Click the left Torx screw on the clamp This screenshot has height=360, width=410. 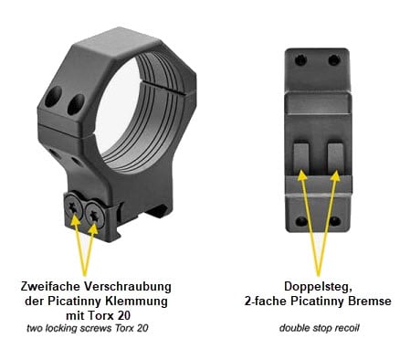click(73, 207)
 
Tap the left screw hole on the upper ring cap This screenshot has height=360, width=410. click(53, 97)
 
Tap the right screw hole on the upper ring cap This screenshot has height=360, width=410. click(76, 104)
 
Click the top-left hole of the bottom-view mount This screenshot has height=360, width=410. click(300, 59)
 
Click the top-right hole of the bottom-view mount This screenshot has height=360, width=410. click(334, 59)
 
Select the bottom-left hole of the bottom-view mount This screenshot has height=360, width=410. click(301, 221)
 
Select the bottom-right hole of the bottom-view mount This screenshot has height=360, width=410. click(335, 221)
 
